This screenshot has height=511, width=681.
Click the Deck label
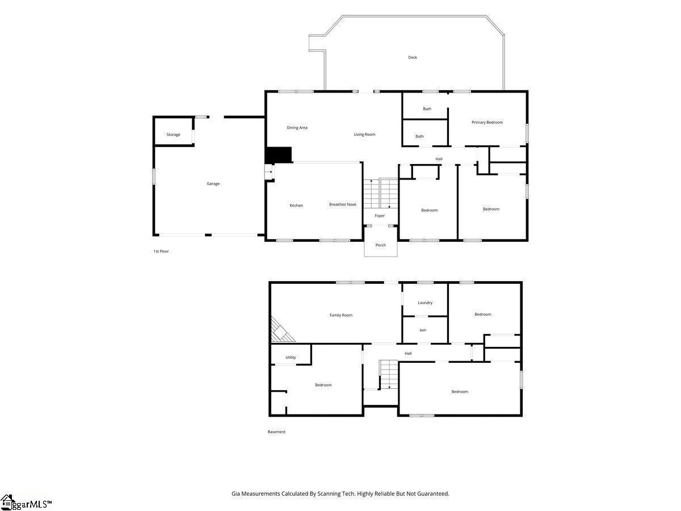[413, 57]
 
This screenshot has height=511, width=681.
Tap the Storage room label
[173, 135]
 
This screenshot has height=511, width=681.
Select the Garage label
[213, 183]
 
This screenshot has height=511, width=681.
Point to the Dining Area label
[297, 128]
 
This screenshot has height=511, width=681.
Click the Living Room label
[364, 135]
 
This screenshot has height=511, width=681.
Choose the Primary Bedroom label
[487, 122]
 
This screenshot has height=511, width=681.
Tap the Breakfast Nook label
[343, 204]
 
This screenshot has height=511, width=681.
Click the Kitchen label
[296, 206]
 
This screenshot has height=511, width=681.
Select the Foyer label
[380, 216]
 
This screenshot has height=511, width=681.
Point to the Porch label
[380, 245]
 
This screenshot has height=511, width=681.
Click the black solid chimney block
[278, 154]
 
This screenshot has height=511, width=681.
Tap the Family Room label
[341, 315]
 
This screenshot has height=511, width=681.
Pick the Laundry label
[424, 303]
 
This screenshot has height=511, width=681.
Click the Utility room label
[291, 358]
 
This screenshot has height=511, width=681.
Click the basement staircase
[389, 374]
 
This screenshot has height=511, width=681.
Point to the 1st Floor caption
[161, 252]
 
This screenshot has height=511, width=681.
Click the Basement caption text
[276, 432]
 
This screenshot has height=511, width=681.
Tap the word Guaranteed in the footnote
[433, 493]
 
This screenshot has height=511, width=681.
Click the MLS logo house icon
[6, 502]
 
